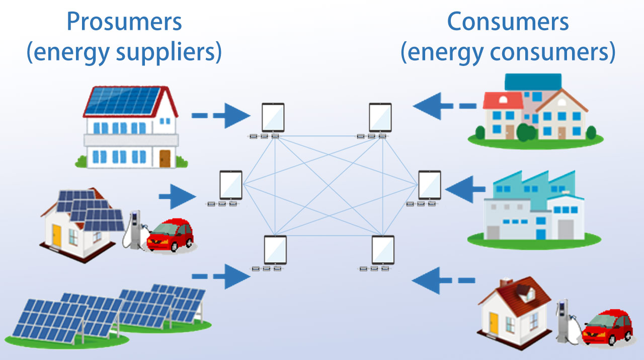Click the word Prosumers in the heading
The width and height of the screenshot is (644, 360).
124,23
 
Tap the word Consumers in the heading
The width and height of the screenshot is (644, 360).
508,23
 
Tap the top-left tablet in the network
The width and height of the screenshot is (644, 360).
273,118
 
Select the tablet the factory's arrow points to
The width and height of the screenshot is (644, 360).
430,185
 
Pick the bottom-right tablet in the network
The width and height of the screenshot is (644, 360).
383,250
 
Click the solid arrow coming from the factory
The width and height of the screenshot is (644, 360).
464,189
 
